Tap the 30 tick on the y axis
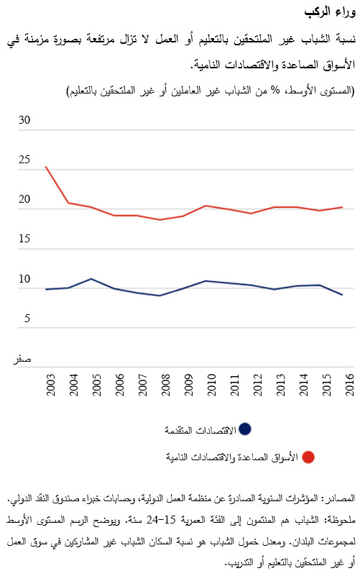[x=24, y=121]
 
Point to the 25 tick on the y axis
[x=24, y=160]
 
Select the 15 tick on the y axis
[x=24, y=239]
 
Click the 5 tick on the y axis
[x=27, y=319]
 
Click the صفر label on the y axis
[x=24, y=358]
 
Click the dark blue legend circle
[x=245, y=429]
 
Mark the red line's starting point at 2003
[x=46, y=167]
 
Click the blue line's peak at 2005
[x=91, y=278]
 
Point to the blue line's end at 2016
[x=342, y=295]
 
